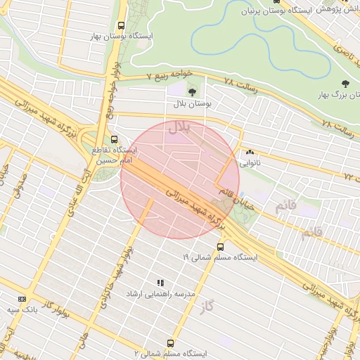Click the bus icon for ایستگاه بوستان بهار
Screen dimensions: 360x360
pyautogui.click(x=122, y=25)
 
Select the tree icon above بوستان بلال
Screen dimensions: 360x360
pyautogui.click(x=193, y=91)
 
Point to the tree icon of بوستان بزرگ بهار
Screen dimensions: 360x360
pyautogui.click(x=344, y=84)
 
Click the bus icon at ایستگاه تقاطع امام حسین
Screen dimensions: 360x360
pyautogui.click(x=115, y=139)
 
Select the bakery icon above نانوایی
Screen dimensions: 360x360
pyautogui.click(x=250, y=152)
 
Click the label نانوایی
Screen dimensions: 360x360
pyautogui.click(x=250, y=162)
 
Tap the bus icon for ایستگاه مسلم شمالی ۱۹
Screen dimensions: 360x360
pyautogui.click(x=220, y=247)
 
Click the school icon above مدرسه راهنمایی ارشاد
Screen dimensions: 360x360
pyautogui.click(x=160, y=282)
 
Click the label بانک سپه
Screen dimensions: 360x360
pyautogui.click(x=22, y=309)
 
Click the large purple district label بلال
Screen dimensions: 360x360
pyautogui.click(x=179, y=128)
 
